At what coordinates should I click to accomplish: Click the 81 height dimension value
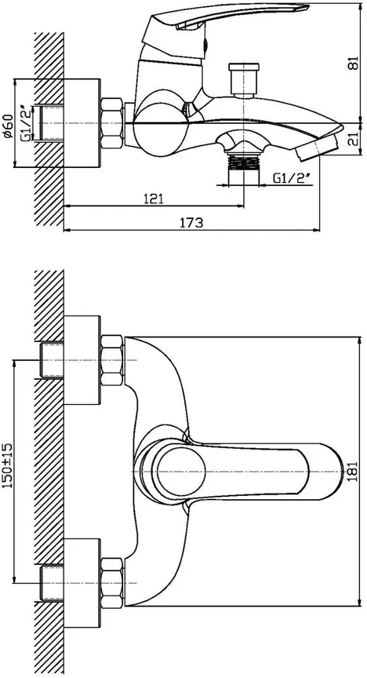354,63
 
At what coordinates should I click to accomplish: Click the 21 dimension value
354,139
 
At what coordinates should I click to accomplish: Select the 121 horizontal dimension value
153,199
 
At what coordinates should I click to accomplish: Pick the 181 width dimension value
354,472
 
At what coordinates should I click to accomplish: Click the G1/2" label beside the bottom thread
293,177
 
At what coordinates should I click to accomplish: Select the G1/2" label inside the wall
26,123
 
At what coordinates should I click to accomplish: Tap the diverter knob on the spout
244,79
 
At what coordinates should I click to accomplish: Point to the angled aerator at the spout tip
318,148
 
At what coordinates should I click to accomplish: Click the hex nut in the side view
112,123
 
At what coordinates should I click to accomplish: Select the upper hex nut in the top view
112,360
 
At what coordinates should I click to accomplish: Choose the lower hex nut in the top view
112,583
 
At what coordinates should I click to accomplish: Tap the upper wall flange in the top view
82,360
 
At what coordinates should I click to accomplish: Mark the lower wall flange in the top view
82,583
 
